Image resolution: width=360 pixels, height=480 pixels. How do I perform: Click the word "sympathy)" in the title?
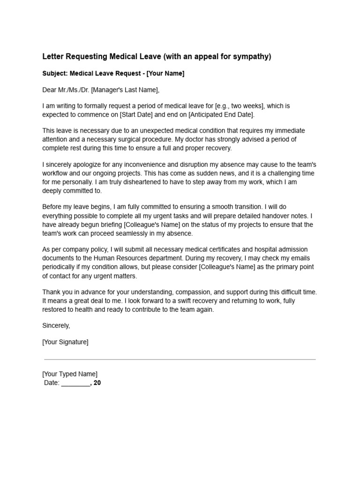[254, 57]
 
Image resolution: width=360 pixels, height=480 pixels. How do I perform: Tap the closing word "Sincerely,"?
[56, 325]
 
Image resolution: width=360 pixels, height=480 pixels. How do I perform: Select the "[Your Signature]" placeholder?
[65, 342]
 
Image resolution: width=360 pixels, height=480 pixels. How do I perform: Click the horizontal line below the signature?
[180, 360]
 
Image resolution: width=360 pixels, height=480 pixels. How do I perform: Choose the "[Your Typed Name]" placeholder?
[70, 374]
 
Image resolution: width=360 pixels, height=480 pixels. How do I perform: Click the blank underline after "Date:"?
[75, 383]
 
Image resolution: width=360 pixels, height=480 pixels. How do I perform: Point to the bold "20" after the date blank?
[97, 383]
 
